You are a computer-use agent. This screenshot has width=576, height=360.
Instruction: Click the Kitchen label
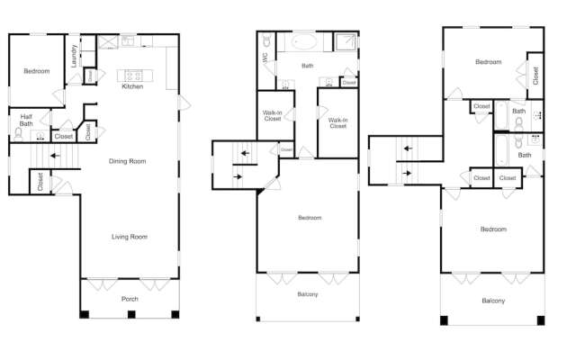[x=132, y=86]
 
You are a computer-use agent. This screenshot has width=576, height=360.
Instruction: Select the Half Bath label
[x=25, y=120]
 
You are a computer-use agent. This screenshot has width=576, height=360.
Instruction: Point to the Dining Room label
[x=128, y=162]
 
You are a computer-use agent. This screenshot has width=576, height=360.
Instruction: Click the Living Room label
[x=130, y=237]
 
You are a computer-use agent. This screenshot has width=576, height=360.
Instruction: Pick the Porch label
[x=130, y=299]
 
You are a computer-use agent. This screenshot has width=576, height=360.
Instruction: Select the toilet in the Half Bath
[x=19, y=134]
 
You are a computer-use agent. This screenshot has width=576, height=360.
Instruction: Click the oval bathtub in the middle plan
[x=303, y=42]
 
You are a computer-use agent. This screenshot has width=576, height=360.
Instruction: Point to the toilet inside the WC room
[x=267, y=41]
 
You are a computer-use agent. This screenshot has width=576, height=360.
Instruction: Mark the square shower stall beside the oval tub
[x=345, y=42]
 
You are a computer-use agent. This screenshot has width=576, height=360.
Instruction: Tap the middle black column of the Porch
[x=131, y=314]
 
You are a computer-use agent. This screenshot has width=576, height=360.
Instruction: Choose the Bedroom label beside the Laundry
[x=37, y=70]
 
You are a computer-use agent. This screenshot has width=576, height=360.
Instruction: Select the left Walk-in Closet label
[x=273, y=115]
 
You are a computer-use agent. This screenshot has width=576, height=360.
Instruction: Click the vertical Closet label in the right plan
[x=535, y=76]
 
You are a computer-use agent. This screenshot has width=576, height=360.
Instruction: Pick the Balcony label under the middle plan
[x=308, y=294]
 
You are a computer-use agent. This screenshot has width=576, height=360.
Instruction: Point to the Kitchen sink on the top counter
[x=129, y=40]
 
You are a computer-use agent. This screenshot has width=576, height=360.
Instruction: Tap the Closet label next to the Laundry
[x=90, y=76]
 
